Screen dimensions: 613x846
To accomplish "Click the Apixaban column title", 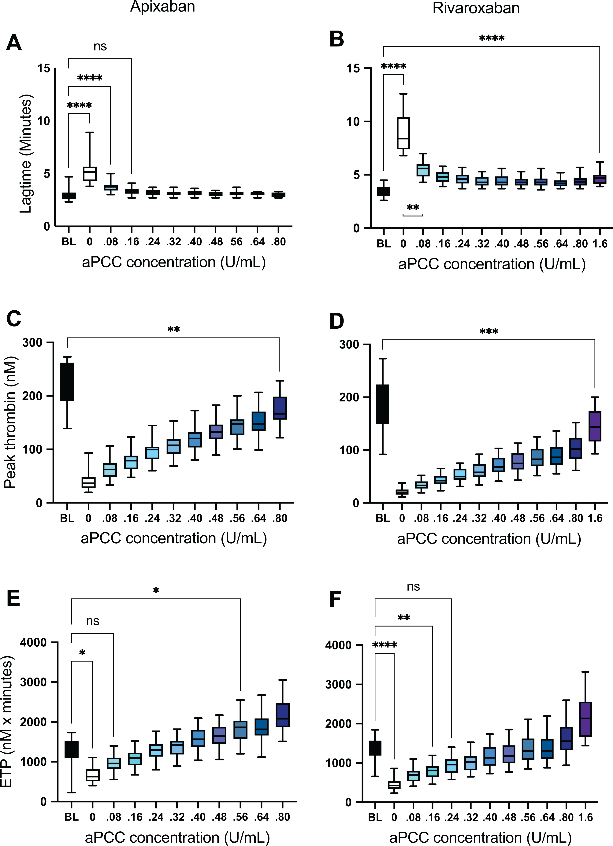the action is point(163,7).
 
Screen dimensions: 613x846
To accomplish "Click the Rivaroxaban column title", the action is point(476,8).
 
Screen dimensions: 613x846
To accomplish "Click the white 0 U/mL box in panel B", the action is point(403,133).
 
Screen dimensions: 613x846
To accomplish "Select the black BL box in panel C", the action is point(68,382).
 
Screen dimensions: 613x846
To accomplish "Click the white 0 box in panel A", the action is point(90,174).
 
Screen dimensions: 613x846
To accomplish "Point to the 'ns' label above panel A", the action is point(100,47).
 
